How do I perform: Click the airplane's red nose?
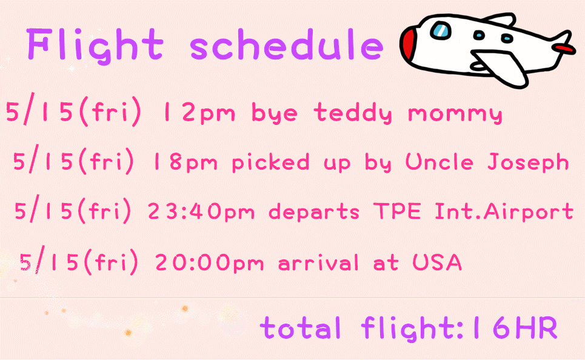coord(409,43)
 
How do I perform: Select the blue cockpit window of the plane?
coord(441,30)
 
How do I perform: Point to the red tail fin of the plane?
coord(563,48)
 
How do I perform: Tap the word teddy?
coord(353,113)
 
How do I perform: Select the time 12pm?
coord(199,113)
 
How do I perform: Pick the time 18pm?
coord(185,162)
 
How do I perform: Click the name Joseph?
coord(528,162)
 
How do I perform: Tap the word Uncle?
coord(440,161)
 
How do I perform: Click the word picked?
coord(270,162)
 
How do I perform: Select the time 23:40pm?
coord(201,211)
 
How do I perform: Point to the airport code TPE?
coord(397,211)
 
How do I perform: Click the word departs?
coord(314,211)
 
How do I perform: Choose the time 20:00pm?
coord(209,262)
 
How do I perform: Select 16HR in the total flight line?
coord(514,328)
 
